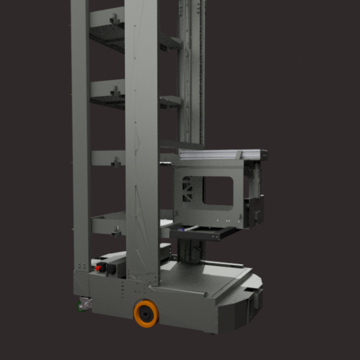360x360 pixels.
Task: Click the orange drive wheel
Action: (145, 314)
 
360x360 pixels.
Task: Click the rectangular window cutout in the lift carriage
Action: (218, 192)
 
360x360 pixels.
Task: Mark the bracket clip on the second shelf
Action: (115, 90)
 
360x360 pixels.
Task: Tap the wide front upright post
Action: (142, 139)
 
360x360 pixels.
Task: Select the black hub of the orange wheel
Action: (146, 315)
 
